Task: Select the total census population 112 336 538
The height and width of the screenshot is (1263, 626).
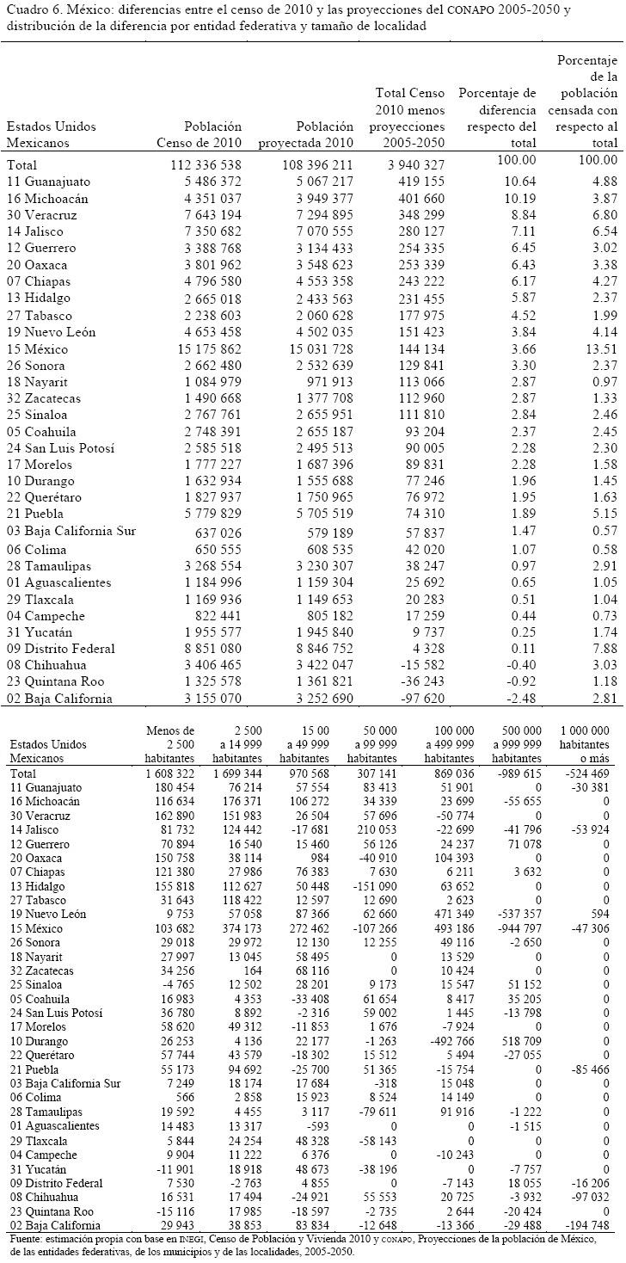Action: coord(199,164)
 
